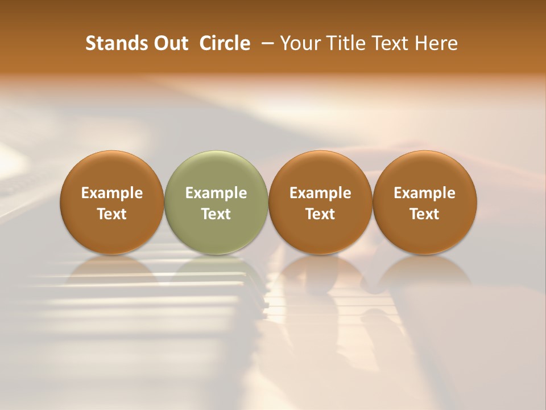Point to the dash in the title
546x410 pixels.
point(266,44)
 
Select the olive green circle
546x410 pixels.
point(216,202)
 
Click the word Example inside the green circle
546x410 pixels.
point(216,193)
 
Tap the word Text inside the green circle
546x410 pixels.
point(216,214)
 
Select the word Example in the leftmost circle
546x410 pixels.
point(112,193)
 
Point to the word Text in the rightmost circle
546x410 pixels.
point(425,214)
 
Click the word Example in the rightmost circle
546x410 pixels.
point(425,193)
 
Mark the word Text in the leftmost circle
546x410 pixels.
point(112,214)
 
